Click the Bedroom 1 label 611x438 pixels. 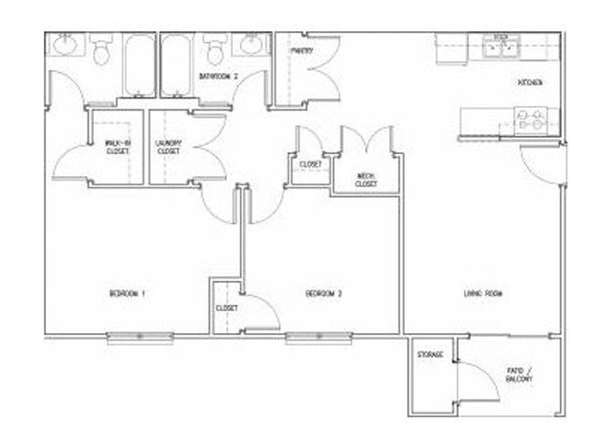coord(128,294)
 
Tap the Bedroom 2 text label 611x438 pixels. coord(323,294)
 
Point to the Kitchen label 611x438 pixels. coord(530,83)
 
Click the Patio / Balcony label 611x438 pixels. coord(520,374)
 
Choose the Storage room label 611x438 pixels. coord(430,354)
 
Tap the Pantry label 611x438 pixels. coord(303,51)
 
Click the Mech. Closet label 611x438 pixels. coord(366,180)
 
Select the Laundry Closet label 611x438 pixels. coord(170,147)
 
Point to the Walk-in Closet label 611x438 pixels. coord(116,147)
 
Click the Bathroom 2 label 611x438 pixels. coord(218,78)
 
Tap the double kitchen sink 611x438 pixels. coord(499,47)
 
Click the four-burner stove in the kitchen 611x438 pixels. coord(532,120)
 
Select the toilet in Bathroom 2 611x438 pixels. coord(215,49)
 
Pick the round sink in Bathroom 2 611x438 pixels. coord(250,45)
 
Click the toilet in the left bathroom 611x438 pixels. coord(100,50)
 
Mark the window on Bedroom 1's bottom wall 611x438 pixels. coord(140,338)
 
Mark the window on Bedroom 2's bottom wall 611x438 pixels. coord(317,338)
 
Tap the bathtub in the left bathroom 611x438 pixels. coord(140,64)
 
